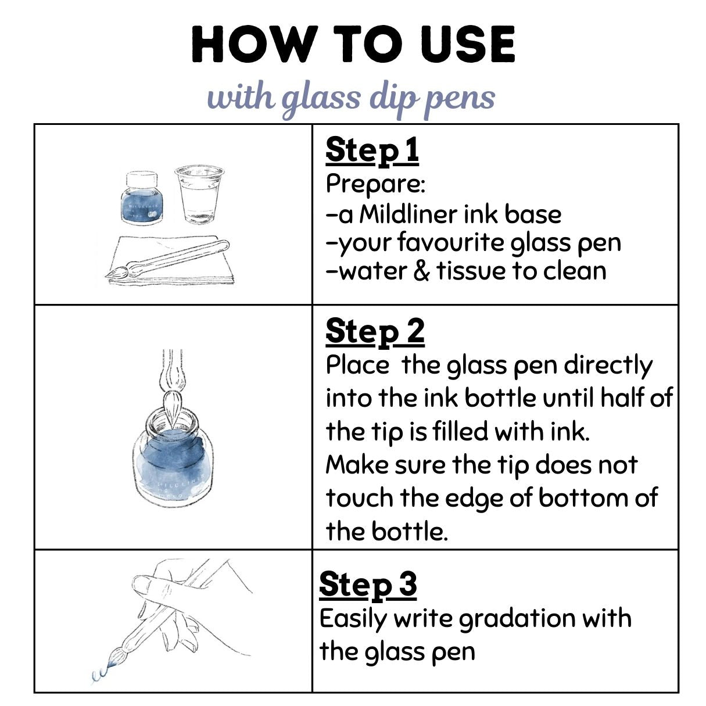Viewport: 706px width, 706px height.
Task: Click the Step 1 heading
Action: coord(372,151)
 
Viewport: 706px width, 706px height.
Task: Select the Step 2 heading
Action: coord(375,332)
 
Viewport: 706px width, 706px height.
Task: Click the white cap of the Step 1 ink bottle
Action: coord(142,180)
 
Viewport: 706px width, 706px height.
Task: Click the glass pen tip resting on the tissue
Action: coord(117,273)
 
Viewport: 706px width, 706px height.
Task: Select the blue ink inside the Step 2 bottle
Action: coord(172,461)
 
